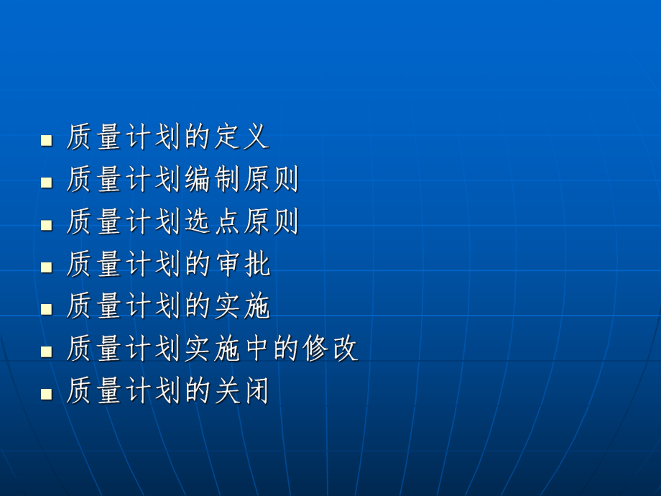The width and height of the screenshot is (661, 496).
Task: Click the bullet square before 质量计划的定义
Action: point(47,139)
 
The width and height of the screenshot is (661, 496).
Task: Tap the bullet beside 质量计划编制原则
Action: point(47,181)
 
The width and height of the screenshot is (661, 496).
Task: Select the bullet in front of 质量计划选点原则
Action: point(47,224)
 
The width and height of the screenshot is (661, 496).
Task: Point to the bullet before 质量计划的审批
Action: point(47,266)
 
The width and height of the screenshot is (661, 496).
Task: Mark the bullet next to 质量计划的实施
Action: point(47,308)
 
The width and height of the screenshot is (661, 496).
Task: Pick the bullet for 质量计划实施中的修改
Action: point(47,351)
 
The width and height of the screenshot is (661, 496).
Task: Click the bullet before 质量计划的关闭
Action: point(47,393)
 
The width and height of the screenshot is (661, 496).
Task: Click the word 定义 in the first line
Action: point(241,137)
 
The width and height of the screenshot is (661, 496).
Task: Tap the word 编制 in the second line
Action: point(212,179)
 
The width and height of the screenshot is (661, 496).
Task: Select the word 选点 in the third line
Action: point(212,221)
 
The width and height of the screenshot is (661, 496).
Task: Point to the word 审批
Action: point(241,264)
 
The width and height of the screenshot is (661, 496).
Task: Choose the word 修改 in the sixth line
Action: point(330,349)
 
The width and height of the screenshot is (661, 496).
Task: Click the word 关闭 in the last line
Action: point(241,391)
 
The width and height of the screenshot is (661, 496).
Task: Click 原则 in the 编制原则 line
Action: point(271,179)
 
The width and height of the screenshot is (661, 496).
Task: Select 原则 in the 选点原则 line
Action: point(271,221)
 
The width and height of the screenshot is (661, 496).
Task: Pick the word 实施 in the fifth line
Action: point(241,306)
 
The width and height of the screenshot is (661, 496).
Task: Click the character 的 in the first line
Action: point(198,137)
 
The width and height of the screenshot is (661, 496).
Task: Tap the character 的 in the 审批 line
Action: point(198,264)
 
